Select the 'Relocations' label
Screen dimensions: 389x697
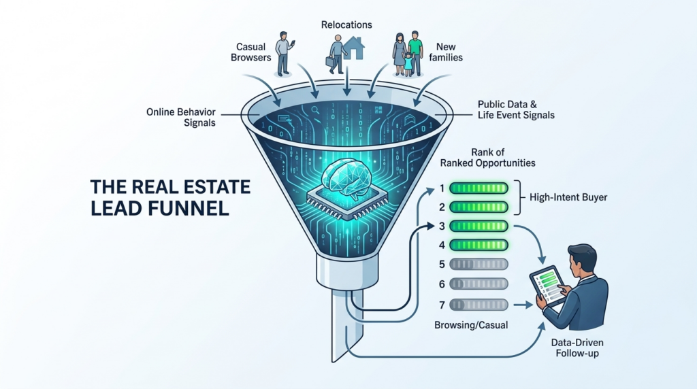tap(346, 25)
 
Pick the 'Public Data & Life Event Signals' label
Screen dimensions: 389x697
tap(515, 109)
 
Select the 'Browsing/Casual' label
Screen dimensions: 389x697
tap(471, 326)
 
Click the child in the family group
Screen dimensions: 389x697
tap(408, 62)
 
